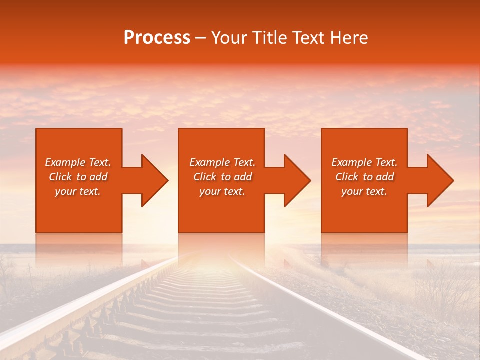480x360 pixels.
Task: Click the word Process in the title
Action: [157, 38]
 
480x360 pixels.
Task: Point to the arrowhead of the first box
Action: [155, 180]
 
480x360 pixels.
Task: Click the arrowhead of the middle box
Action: [298, 180]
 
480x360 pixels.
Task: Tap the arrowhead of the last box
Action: [441, 180]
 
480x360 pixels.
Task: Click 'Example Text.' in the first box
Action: [78, 162]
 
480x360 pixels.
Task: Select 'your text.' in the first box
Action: [78, 191]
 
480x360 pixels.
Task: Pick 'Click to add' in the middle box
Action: [222, 177]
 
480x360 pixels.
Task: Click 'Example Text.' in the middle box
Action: [222, 162]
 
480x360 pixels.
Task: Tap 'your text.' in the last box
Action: [364, 191]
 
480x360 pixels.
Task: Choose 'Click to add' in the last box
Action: [364, 177]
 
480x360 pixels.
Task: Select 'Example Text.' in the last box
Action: [364, 162]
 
